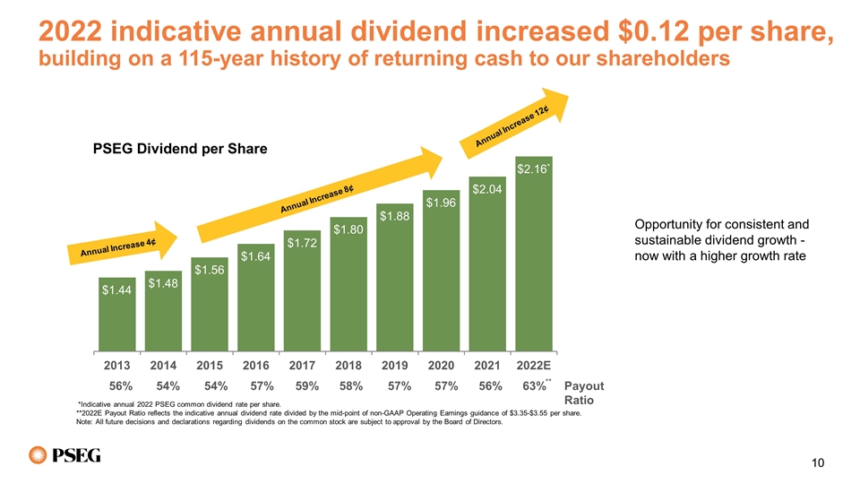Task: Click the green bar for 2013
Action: tap(116, 314)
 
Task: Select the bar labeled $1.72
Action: tap(302, 290)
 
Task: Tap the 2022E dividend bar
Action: tap(534, 254)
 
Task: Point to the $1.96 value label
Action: tap(441, 203)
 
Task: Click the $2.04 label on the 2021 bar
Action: tap(487, 189)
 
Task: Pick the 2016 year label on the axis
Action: tap(255, 366)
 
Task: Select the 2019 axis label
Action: tap(395, 366)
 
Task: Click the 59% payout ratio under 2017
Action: tap(307, 386)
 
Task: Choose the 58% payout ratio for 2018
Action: tap(351, 386)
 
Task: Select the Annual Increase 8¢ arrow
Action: tap(321, 194)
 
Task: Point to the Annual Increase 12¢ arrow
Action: tap(514, 123)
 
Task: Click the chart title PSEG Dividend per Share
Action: tap(180, 149)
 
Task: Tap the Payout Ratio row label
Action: tap(583, 393)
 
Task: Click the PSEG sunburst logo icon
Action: tap(38, 455)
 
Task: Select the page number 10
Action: tap(818, 463)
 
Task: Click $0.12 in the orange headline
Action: tap(653, 30)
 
